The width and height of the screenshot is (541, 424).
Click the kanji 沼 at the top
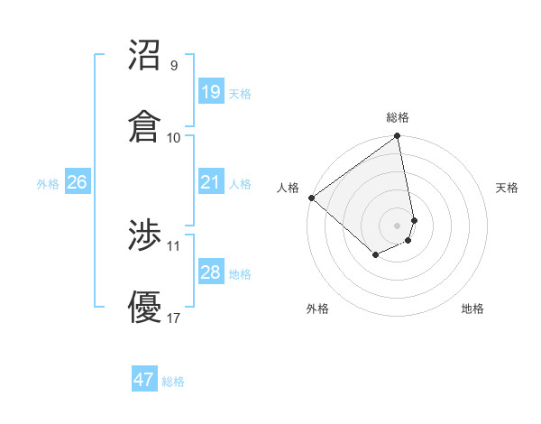coord(145,55)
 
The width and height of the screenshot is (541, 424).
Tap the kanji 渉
coord(145,236)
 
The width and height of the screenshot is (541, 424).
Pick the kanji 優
coord(145,307)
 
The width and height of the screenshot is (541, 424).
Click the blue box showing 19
coord(210,92)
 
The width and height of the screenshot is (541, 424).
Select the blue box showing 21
coord(210,182)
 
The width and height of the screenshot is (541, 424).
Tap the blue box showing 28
coord(210,272)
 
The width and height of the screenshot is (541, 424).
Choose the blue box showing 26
coord(77,182)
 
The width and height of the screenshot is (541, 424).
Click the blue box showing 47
coord(144,380)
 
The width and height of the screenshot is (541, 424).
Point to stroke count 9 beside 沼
coord(174,66)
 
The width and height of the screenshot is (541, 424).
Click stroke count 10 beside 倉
coord(174,137)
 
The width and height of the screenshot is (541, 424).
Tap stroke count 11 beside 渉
coord(174,245)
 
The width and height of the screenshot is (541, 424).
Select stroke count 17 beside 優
coord(174,318)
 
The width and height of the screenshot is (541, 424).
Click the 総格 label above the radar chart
coord(398,117)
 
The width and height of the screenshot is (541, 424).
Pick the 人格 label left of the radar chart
coord(288,188)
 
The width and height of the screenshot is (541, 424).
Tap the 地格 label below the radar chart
coord(472,309)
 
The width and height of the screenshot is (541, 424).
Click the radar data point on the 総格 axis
coord(398,137)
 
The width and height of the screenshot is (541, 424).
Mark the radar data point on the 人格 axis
coord(311,198)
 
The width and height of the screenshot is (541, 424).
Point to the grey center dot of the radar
coord(398,225)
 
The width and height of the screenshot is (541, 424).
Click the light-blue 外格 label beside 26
coord(48,184)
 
